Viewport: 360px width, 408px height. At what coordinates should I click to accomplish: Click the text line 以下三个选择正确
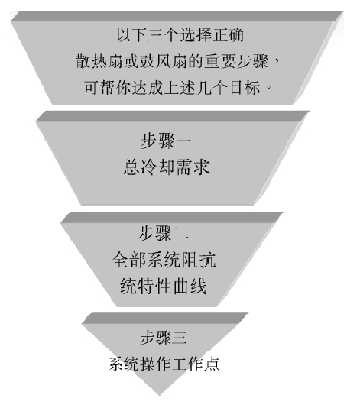180,35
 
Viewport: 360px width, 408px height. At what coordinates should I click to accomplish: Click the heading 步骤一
166,141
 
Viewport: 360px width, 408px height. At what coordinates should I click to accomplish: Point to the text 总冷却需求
167,167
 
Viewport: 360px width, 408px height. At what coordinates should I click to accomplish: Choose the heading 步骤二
164,232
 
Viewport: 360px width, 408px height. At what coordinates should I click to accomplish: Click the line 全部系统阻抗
164,260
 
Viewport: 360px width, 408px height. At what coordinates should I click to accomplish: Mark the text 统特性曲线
164,286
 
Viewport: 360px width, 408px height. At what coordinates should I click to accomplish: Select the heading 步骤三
164,337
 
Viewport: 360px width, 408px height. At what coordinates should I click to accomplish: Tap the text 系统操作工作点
164,364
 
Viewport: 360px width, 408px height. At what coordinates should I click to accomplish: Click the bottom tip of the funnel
160,396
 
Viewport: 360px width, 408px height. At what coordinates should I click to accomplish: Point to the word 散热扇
99,61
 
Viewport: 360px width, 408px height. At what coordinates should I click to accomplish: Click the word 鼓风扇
164,61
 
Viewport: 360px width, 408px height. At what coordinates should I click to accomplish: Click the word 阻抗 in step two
199,260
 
